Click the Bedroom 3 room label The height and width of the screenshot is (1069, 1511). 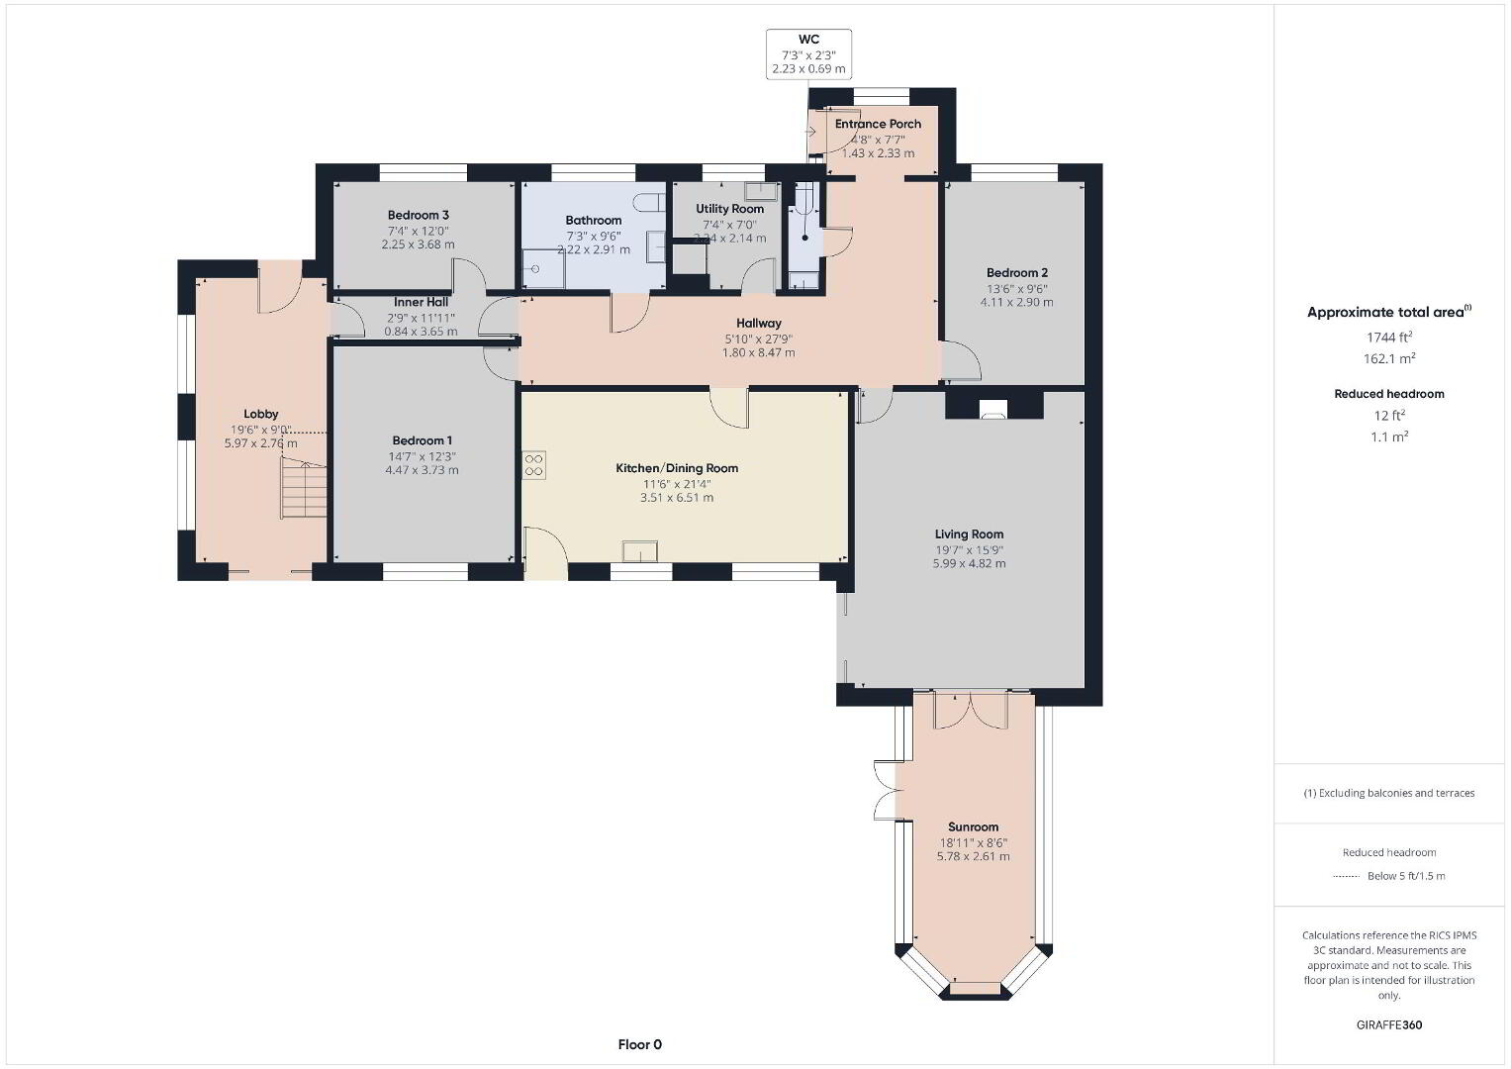pyautogui.click(x=419, y=216)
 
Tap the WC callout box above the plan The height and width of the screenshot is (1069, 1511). pyautogui.click(x=808, y=54)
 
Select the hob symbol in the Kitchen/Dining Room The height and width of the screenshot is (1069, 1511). pyautogui.click(x=533, y=465)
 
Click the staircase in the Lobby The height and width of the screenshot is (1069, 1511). pyautogui.click(x=304, y=487)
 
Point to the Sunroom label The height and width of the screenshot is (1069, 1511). pyautogui.click(x=973, y=826)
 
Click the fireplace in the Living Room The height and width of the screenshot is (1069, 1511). pyautogui.click(x=992, y=408)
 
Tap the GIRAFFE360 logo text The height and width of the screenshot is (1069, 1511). pyautogui.click(x=1389, y=1024)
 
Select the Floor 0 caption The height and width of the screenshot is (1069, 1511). pyautogui.click(x=639, y=1044)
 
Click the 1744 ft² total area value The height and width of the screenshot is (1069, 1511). pyautogui.click(x=1389, y=337)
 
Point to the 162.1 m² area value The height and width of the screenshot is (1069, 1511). pyautogui.click(x=1389, y=358)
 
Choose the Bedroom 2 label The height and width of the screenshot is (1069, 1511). pyautogui.click(x=1016, y=272)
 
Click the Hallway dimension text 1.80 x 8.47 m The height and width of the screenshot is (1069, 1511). pyautogui.click(x=758, y=352)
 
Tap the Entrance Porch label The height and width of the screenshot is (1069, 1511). pyautogui.click(x=878, y=124)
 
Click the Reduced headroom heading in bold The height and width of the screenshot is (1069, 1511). pyautogui.click(x=1389, y=394)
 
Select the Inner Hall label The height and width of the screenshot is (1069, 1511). pyautogui.click(x=421, y=302)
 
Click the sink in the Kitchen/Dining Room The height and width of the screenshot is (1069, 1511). pyautogui.click(x=639, y=550)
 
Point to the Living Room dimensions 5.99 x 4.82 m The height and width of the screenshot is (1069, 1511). pyautogui.click(x=969, y=563)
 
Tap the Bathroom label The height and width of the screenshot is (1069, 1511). pyautogui.click(x=594, y=220)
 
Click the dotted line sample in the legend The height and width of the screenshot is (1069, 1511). pyautogui.click(x=1346, y=877)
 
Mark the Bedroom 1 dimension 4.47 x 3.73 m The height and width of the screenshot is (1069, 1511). pyautogui.click(x=422, y=470)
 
